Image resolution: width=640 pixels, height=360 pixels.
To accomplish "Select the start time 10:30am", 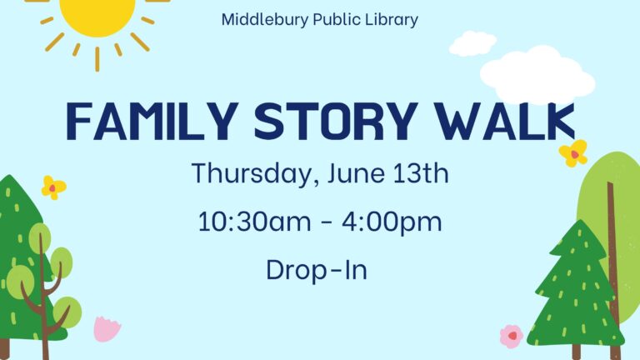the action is [254, 222].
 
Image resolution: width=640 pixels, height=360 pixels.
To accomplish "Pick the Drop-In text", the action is [317, 270].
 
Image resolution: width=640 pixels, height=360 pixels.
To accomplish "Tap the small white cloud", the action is [472, 43].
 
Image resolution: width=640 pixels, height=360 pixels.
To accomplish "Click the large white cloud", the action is [537, 75].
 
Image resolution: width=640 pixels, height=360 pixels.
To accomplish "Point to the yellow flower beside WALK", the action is [573, 153].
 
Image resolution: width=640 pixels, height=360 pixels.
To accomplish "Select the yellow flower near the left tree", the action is [53, 187].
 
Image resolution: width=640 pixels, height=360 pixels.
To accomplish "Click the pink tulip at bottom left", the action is [107, 329].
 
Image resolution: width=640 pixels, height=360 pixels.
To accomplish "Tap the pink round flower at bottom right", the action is [512, 337].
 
